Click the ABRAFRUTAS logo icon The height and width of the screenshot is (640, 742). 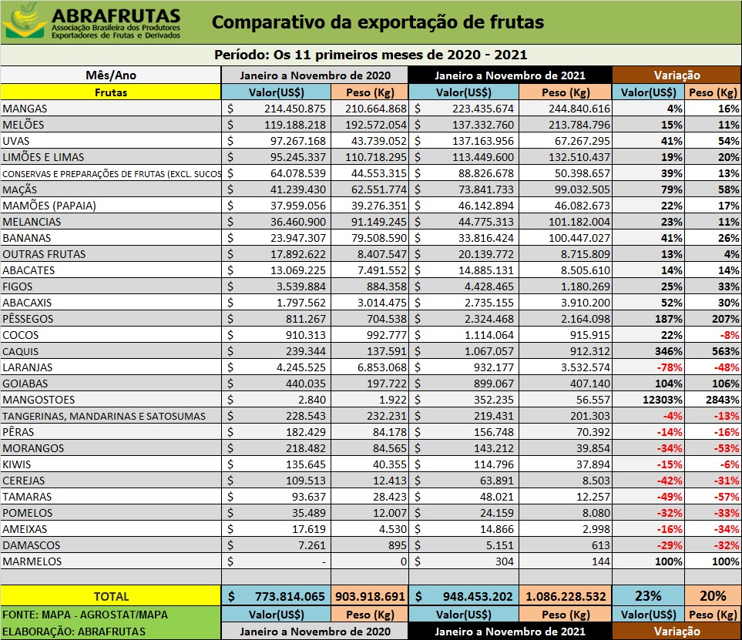pos(25,22)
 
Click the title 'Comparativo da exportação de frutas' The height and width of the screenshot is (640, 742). pos(378,22)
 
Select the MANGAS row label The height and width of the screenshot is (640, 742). pos(25,109)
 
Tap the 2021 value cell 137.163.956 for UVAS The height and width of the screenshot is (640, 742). pos(482,141)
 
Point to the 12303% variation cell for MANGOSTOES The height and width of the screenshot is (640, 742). pos(662,400)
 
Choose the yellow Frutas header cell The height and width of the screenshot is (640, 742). pos(111,92)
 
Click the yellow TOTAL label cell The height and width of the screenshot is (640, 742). pos(111,596)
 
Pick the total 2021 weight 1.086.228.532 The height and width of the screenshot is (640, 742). pos(566,596)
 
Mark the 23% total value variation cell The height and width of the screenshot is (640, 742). pos(648,595)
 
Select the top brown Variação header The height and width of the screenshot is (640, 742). pos(677,75)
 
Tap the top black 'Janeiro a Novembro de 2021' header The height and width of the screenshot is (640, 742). pos(510,75)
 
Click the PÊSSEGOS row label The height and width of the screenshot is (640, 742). pos(28,319)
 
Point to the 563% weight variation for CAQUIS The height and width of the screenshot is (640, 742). pos(726,351)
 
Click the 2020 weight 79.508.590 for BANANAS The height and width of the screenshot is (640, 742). pos(378,238)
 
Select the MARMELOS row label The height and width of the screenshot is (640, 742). pos(32,561)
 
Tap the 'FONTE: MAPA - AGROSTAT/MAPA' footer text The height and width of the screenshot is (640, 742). pos(86,615)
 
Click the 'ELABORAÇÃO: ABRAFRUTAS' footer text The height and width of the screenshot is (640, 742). pos(74,632)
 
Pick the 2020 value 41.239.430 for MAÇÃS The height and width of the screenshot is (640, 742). pos(298,189)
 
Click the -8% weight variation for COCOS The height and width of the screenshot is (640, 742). pos(729,335)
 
